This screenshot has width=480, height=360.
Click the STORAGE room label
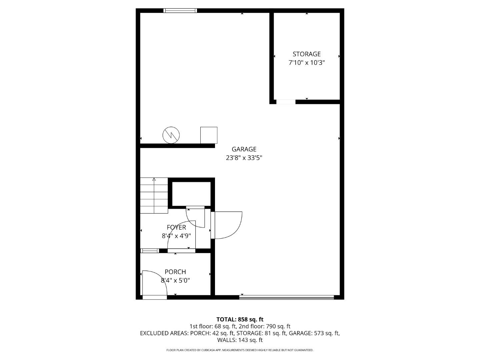coord(306,54)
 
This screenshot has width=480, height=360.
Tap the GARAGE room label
coord(244,149)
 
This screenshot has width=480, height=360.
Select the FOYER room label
coord(176,227)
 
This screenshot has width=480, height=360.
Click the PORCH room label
coord(175,272)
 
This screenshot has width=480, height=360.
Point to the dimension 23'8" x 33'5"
coord(244,158)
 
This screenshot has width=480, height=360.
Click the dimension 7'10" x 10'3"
coord(306,63)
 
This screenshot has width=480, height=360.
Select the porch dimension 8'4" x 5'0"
coord(175,281)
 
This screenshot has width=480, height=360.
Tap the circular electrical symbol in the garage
coord(171,135)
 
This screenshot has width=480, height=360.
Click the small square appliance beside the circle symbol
coord(209,135)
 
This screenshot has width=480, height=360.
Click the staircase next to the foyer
coord(154,196)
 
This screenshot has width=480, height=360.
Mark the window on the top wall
coord(180,11)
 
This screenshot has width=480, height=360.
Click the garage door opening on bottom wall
coord(287,297)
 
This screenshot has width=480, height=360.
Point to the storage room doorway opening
coord(286,102)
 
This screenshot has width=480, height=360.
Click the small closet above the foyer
coord(191,194)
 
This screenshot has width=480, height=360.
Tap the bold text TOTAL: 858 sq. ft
coord(240,319)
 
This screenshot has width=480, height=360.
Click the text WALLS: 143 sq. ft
coord(240,340)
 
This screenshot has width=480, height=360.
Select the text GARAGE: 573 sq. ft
coord(314,333)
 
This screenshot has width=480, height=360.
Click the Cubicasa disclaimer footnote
coord(240,350)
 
